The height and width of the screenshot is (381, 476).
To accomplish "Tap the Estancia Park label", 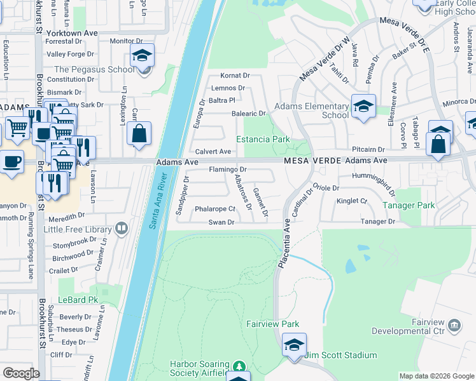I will pyautogui.click(x=263, y=139).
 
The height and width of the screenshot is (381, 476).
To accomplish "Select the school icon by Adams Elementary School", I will pyautogui.click(x=363, y=106).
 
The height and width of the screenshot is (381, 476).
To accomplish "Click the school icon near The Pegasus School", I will pyautogui.click(x=142, y=55).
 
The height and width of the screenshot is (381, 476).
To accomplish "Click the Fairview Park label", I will pyautogui.click(x=272, y=324).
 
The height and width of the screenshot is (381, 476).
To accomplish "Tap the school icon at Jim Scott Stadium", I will pyautogui.click(x=294, y=345).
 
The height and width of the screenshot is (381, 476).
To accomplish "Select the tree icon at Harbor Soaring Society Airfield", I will pyautogui.click(x=239, y=366).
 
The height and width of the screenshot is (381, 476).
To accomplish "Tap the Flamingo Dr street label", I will pyautogui.click(x=228, y=170).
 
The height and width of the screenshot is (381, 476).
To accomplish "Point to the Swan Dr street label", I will pyautogui.click(x=222, y=222).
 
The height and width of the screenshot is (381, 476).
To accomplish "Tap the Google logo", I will pyautogui.click(x=21, y=373).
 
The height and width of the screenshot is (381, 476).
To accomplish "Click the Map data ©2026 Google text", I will pyautogui.click(x=436, y=376).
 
